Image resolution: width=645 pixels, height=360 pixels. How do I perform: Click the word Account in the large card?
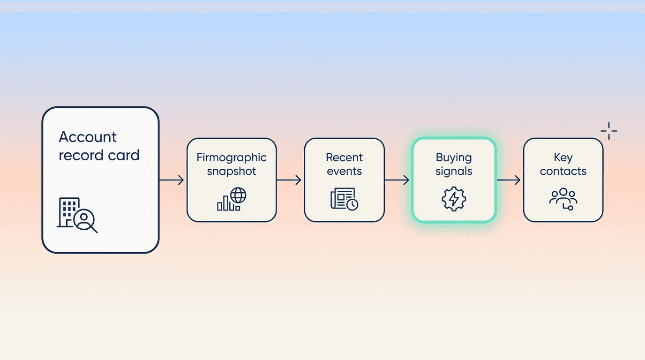coord(88,137)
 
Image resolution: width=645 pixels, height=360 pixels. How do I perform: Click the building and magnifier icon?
coord(77,215)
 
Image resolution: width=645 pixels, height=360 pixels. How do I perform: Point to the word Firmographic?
coord(232,158)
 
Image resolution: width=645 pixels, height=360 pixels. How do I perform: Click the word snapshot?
coord(232,172)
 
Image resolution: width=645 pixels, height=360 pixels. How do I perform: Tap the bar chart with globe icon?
coord(232,199)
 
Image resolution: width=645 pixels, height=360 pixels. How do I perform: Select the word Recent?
coord(345,157)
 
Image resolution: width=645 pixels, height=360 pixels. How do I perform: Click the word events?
coord(345,172)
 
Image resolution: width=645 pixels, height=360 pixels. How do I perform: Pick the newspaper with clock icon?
coord(345,199)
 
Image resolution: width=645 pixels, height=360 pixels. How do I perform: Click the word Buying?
coord(454,158)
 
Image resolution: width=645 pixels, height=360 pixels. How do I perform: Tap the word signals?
coord(454,172)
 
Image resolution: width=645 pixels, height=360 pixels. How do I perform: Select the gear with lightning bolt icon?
coord(454,199)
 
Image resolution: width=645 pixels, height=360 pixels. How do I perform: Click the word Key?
coord(563,158)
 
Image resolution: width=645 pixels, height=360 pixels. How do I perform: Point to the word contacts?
coord(563,172)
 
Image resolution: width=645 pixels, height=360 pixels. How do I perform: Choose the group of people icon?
coord(563,199)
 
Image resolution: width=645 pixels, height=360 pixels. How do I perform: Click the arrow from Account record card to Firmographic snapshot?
coord(172,180)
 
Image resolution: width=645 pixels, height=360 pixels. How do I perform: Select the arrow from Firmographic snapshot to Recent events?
coord(289,180)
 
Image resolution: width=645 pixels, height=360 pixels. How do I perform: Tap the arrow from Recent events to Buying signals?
coord(397,180)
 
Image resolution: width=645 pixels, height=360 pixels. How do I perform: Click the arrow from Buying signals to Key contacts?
coord(509,180)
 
